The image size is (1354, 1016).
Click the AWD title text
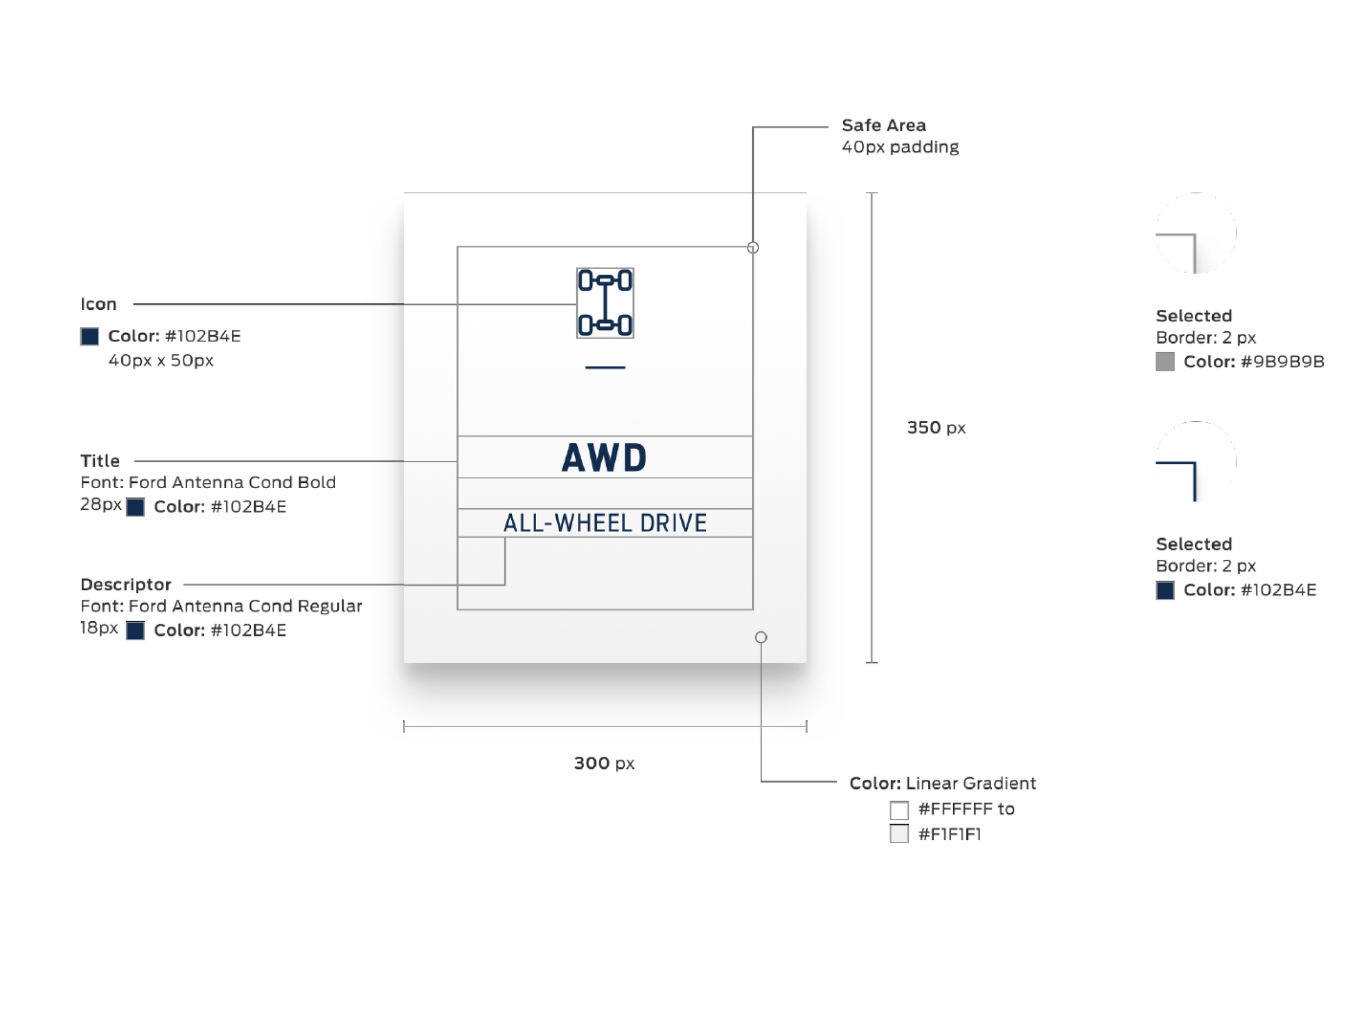pos(604,457)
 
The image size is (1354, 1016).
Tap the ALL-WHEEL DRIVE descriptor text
pos(605,523)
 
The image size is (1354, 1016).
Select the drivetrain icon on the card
pos(605,302)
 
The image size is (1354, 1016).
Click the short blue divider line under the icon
pos(605,367)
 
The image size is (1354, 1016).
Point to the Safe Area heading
pos(883,126)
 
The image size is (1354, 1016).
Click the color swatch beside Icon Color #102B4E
pos(89,336)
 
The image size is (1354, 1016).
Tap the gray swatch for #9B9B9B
pos(1164,361)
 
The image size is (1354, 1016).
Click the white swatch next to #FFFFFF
pos(899,810)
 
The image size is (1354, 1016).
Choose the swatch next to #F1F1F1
pos(899,833)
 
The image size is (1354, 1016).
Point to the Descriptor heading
pos(126,584)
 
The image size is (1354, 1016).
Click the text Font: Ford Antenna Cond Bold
pos(207,483)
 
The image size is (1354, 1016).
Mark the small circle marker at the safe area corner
pos(753,248)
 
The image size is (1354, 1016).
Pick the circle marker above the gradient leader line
pos(761,638)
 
